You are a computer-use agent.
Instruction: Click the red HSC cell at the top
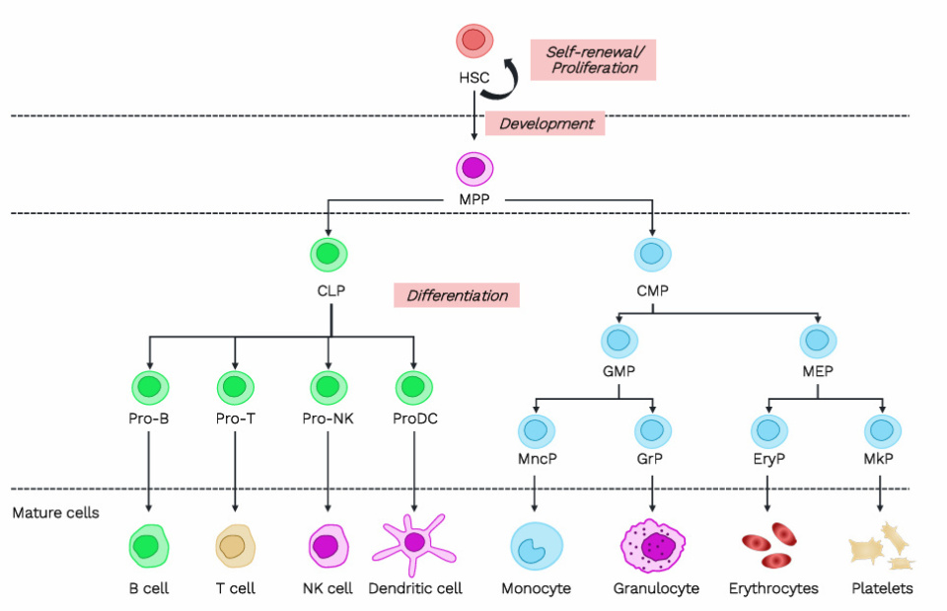[x=474, y=41]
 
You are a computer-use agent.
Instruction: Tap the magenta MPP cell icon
[x=474, y=169]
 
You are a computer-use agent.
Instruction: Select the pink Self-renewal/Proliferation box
[x=592, y=59]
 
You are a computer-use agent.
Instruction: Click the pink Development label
[x=546, y=123]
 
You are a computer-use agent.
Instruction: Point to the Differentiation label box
[x=457, y=295]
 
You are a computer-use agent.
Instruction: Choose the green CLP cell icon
[x=329, y=255]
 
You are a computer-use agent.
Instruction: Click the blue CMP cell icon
[x=652, y=255]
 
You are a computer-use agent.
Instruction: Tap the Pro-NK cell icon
[x=329, y=386]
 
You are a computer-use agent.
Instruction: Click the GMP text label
[x=619, y=373]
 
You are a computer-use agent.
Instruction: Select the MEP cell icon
[x=817, y=342]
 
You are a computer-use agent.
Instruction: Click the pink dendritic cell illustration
[x=413, y=542]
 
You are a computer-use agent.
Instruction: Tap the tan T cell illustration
[x=235, y=546]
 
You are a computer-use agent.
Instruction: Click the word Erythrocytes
[x=773, y=588]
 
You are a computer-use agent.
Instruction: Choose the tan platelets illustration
[x=882, y=547]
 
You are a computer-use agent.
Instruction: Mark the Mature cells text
[x=56, y=513]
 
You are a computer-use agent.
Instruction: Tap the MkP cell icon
[x=882, y=431]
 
